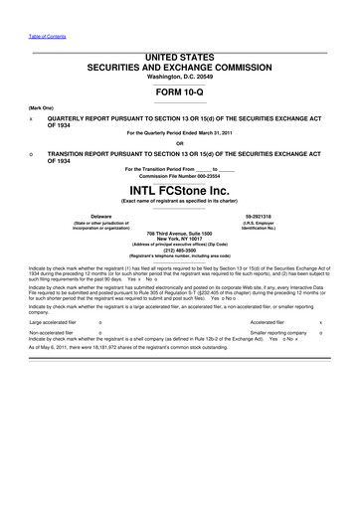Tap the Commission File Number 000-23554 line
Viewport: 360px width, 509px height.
(x=180, y=176)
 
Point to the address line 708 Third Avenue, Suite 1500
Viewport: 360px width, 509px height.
(x=180, y=231)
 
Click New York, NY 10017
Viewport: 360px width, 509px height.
(x=180, y=238)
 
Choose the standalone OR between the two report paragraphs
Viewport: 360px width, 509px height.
(x=180, y=141)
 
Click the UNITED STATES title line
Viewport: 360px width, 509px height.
(x=180, y=50)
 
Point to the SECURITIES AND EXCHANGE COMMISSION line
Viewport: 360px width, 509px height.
(x=180, y=62)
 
